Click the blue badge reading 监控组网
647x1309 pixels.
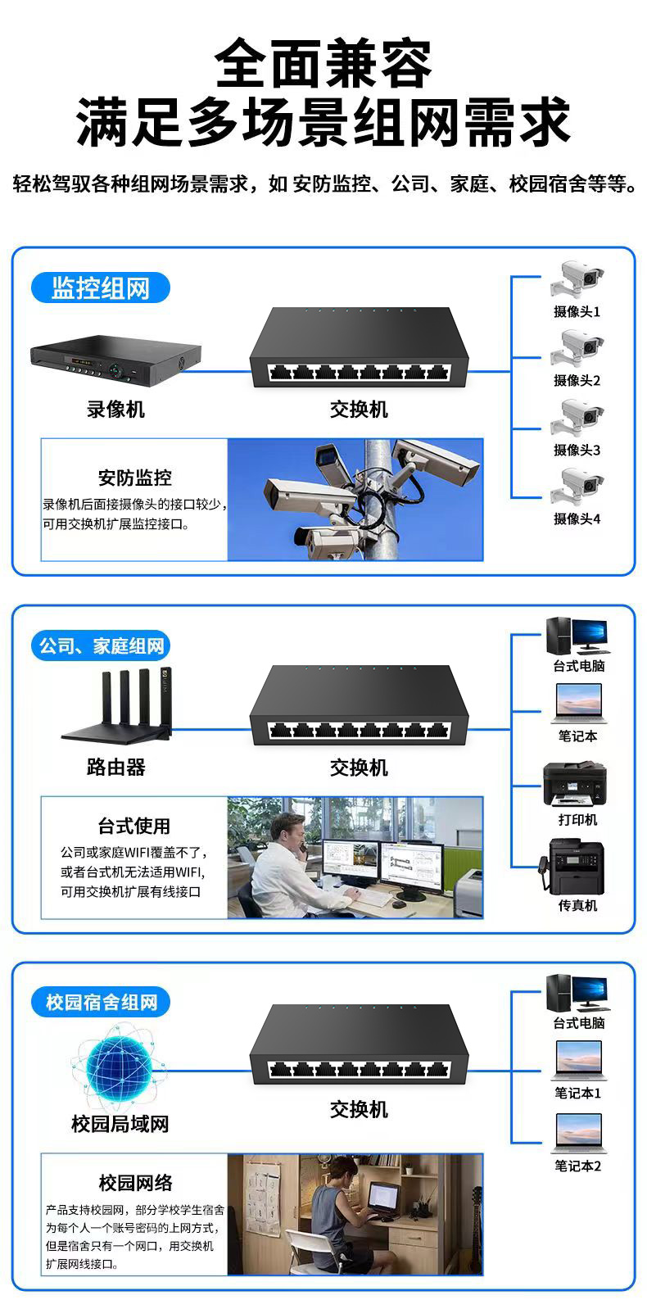pos(101,288)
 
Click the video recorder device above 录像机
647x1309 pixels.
pos(115,361)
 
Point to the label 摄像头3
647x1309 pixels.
pos(577,450)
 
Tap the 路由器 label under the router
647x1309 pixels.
pos(115,768)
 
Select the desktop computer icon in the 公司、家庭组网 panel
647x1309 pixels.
pos(577,635)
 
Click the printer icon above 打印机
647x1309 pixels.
pos(575,784)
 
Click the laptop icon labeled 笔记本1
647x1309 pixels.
pos(578,1061)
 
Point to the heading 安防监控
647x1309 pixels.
pos(135,478)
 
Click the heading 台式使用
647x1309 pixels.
pos(134,826)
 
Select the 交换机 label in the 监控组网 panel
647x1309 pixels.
pos(359,410)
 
